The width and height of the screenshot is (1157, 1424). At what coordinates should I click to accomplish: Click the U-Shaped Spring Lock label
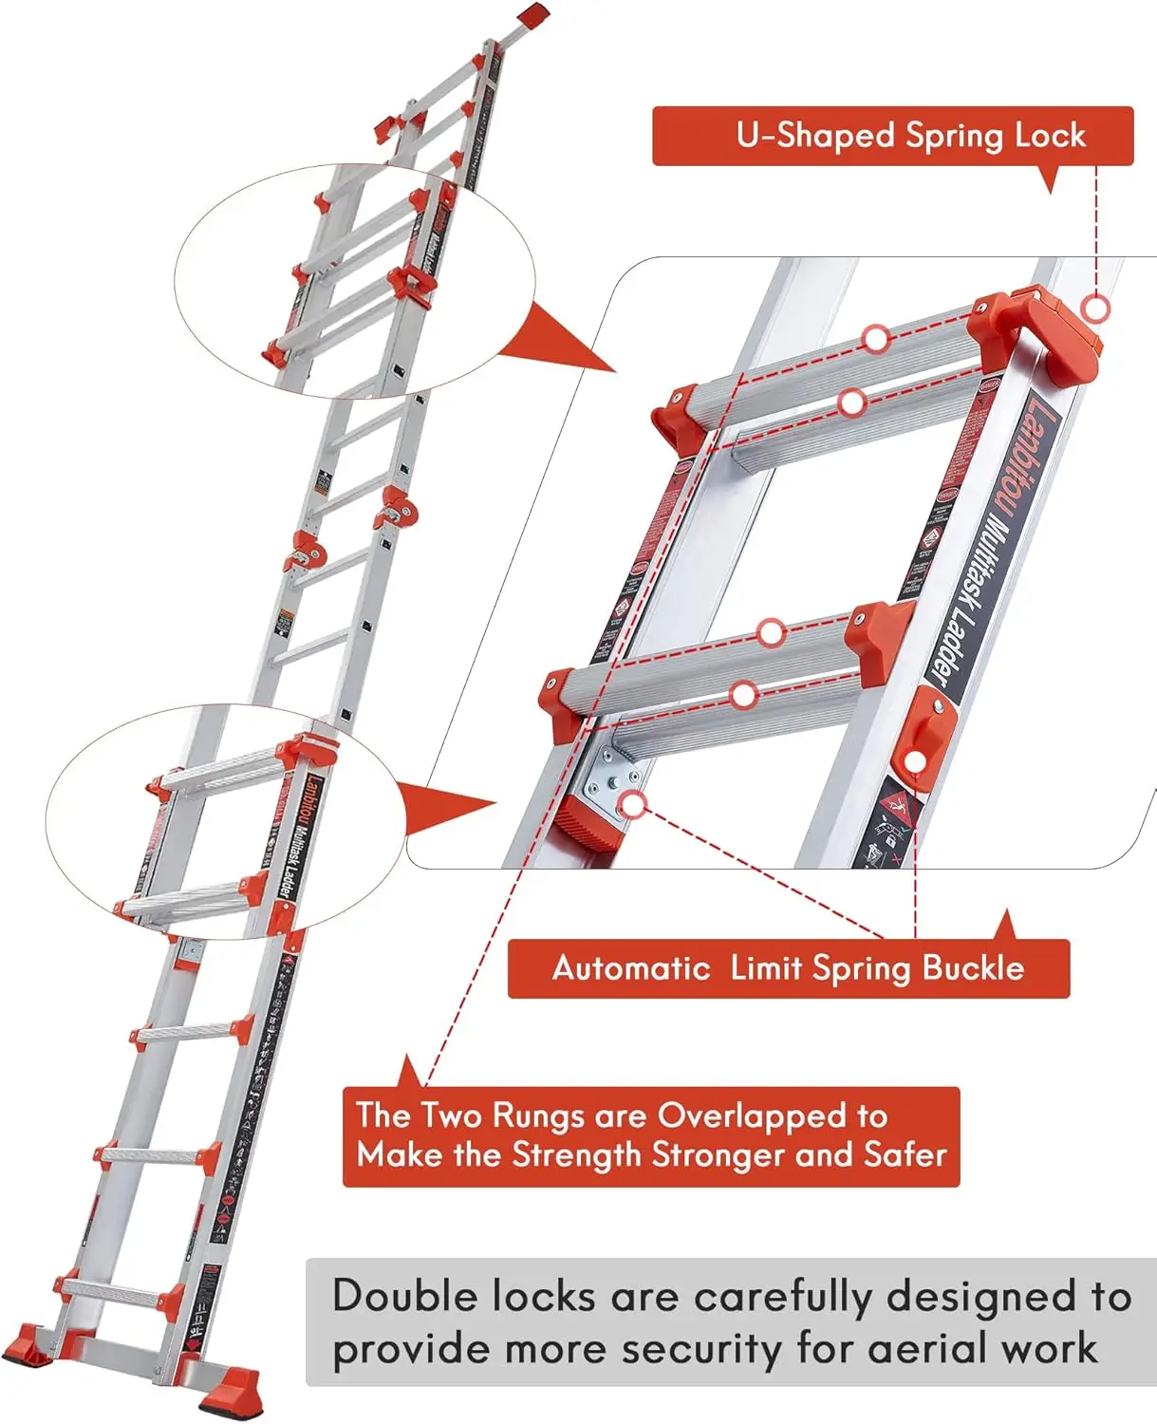click(x=892, y=136)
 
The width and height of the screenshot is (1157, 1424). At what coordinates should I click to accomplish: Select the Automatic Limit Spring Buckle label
click(x=788, y=968)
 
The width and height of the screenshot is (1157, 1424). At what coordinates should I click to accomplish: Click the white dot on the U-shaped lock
click(x=1096, y=309)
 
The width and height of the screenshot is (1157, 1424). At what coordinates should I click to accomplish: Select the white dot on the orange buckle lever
click(x=914, y=761)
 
